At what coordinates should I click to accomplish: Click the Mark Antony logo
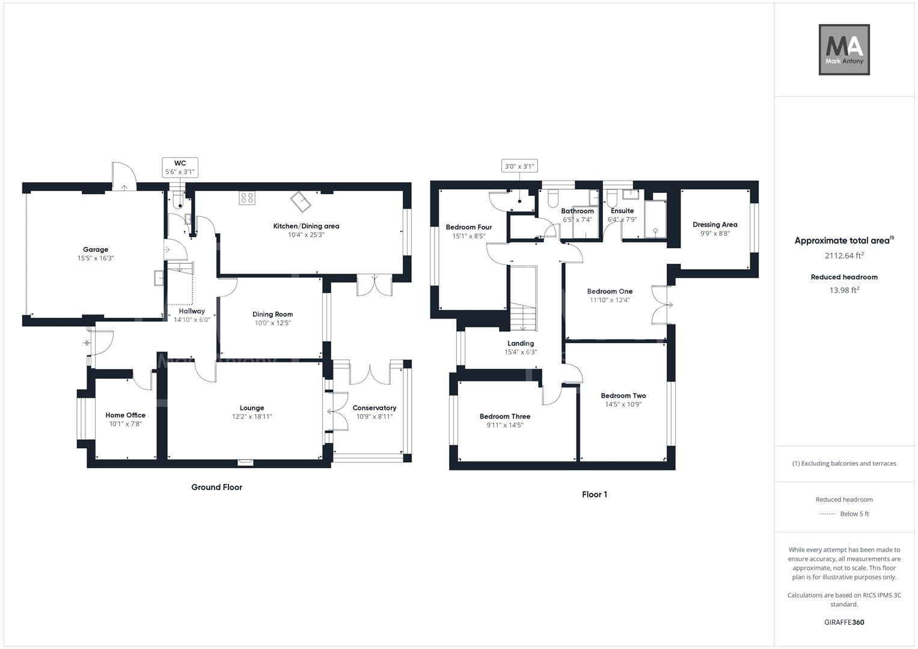pyautogui.click(x=844, y=50)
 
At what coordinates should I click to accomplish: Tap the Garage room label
pyautogui.click(x=96, y=249)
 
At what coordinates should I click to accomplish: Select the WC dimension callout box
pyautogui.click(x=180, y=168)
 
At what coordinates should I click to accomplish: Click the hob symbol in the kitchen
pyautogui.click(x=246, y=198)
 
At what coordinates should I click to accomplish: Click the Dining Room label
pyautogui.click(x=272, y=314)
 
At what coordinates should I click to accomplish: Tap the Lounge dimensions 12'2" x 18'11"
pyautogui.click(x=252, y=416)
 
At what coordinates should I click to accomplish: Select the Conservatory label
pyautogui.click(x=374, y=408)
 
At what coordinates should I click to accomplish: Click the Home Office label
pyautogui.click(x=126, y=415)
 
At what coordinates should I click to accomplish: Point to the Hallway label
pyautogui.click(x=192, y=311)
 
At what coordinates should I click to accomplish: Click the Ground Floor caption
pyautogui.click(x=216, y=487)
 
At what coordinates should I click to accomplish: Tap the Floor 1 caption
pyautogui.click(x=595, y=495)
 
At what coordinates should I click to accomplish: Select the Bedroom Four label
pyautogui.click(x=469, y=227)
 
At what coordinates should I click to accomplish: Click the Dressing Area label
pyautogui.click(x=715, y=225)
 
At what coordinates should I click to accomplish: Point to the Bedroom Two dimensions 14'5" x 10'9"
pyautogui.click(x=623, y=404)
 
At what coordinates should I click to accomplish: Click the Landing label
pyautogui.click(x=521, y=344)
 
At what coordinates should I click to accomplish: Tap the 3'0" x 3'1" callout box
pyautogui.click(x=519, y=166)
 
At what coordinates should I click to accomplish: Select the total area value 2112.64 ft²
pyautogui.click(x=844, y=255)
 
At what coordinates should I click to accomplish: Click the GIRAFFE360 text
pyautogui.click(x=844, y=623)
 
